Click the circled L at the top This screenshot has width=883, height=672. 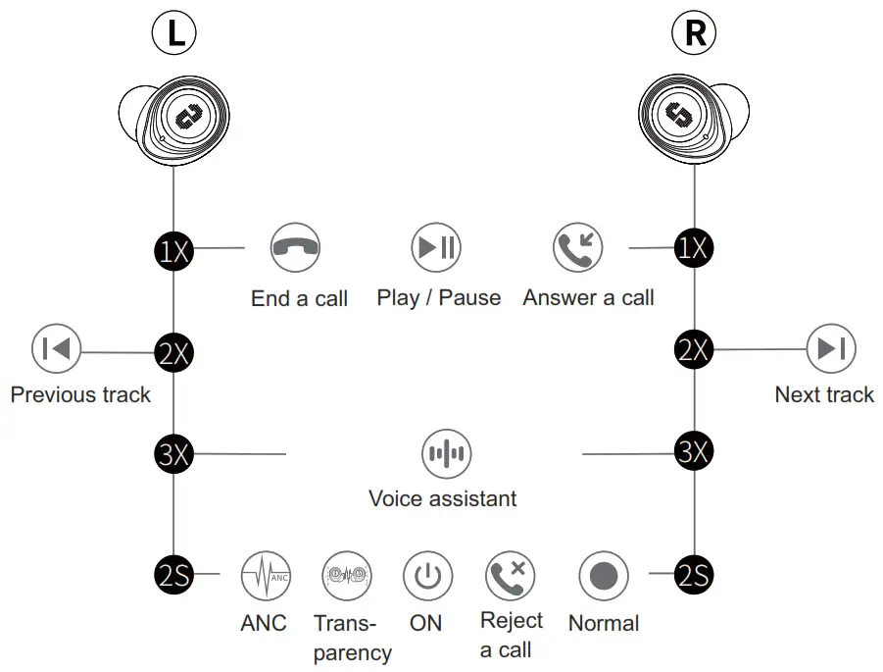click(x=174, y=32)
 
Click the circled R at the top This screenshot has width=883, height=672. click(x=694, y=32)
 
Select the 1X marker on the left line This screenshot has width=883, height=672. click(x=173, y=250)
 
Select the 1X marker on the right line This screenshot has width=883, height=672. click(x=694, y=248)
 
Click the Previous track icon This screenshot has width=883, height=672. click(x=57, y=348)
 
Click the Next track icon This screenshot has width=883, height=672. click(x=831, y=348)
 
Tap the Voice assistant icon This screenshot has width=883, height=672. click(x=446, y=453)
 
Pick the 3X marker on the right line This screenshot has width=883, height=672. click(x=694, y=452)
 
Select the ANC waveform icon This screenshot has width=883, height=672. click(x=266, y=576)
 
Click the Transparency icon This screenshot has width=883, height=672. click(x=346, y=576)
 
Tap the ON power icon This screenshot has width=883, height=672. click(x=427, y=576)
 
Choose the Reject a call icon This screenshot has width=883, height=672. click(x=511, y=576)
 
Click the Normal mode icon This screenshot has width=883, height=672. click(x=603, y=576)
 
